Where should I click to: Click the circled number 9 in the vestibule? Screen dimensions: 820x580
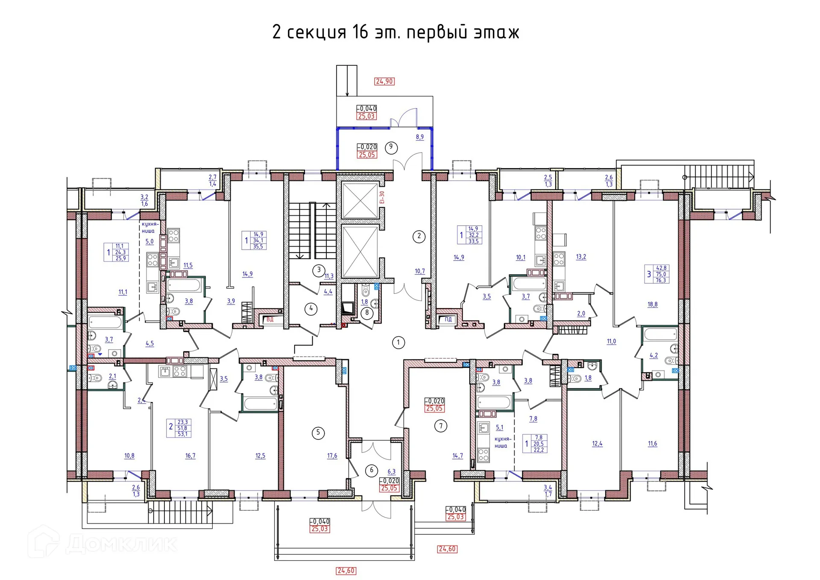pos(391,147)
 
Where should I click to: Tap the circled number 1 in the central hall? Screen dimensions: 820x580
pos(398,342)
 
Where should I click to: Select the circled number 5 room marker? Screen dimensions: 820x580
pos(318,433)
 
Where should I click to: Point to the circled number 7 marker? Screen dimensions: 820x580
pos(441,426)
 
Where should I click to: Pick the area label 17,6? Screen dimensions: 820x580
pos(332,456)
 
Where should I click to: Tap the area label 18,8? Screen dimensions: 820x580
pos(653,305)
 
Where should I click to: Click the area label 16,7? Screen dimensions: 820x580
pos(190,456)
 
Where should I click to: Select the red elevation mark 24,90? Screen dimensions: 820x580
pos(384,81)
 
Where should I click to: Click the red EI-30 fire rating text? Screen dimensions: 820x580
pos(382,197)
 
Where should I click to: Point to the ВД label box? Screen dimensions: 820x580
pos(270,319)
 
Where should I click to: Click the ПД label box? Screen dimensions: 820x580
pos(448,319)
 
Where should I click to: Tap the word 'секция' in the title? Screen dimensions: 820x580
pos(316,32)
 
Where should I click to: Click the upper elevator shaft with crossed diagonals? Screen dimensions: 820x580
pos(360,200)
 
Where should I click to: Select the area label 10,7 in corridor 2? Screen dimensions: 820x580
pos(420,271)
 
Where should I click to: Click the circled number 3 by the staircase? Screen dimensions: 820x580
pos(319,270)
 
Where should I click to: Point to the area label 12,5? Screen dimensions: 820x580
pos(260,456)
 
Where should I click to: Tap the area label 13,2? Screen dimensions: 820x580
pos(581,257)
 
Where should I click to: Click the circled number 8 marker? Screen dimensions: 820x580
pos(367,312)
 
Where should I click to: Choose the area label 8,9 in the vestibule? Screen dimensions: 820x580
pos(420,137)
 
